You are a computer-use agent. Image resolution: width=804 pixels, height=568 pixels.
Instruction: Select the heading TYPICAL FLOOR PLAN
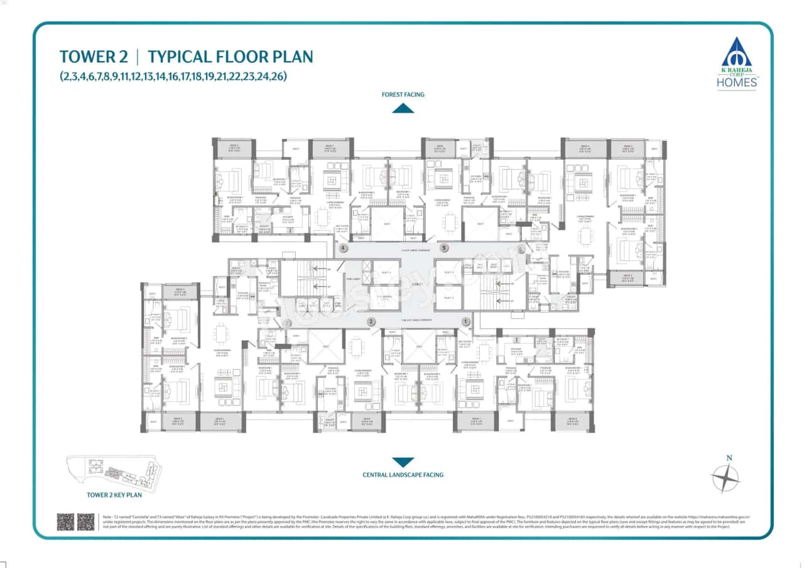230,57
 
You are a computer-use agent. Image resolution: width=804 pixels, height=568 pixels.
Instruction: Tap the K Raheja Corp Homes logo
739,63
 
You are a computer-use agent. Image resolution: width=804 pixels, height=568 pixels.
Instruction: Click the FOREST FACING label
403,94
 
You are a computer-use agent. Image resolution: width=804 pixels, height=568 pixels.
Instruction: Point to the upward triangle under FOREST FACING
403,108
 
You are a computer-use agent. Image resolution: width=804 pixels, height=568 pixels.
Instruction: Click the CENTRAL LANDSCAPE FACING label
403,475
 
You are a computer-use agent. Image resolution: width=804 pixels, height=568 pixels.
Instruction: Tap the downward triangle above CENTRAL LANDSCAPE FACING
403,462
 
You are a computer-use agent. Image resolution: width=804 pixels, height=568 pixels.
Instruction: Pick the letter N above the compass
729,458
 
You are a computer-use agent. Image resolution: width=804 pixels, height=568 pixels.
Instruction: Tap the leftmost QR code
65,521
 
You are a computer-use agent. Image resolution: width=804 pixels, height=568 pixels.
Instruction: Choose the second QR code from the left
86,521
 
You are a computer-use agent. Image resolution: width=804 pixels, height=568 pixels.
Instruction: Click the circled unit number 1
465,321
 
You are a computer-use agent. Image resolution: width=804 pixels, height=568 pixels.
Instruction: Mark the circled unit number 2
371,321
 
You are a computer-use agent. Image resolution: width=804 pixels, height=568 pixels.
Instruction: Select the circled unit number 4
342,248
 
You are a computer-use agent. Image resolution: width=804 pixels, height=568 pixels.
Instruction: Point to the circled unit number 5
444,248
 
